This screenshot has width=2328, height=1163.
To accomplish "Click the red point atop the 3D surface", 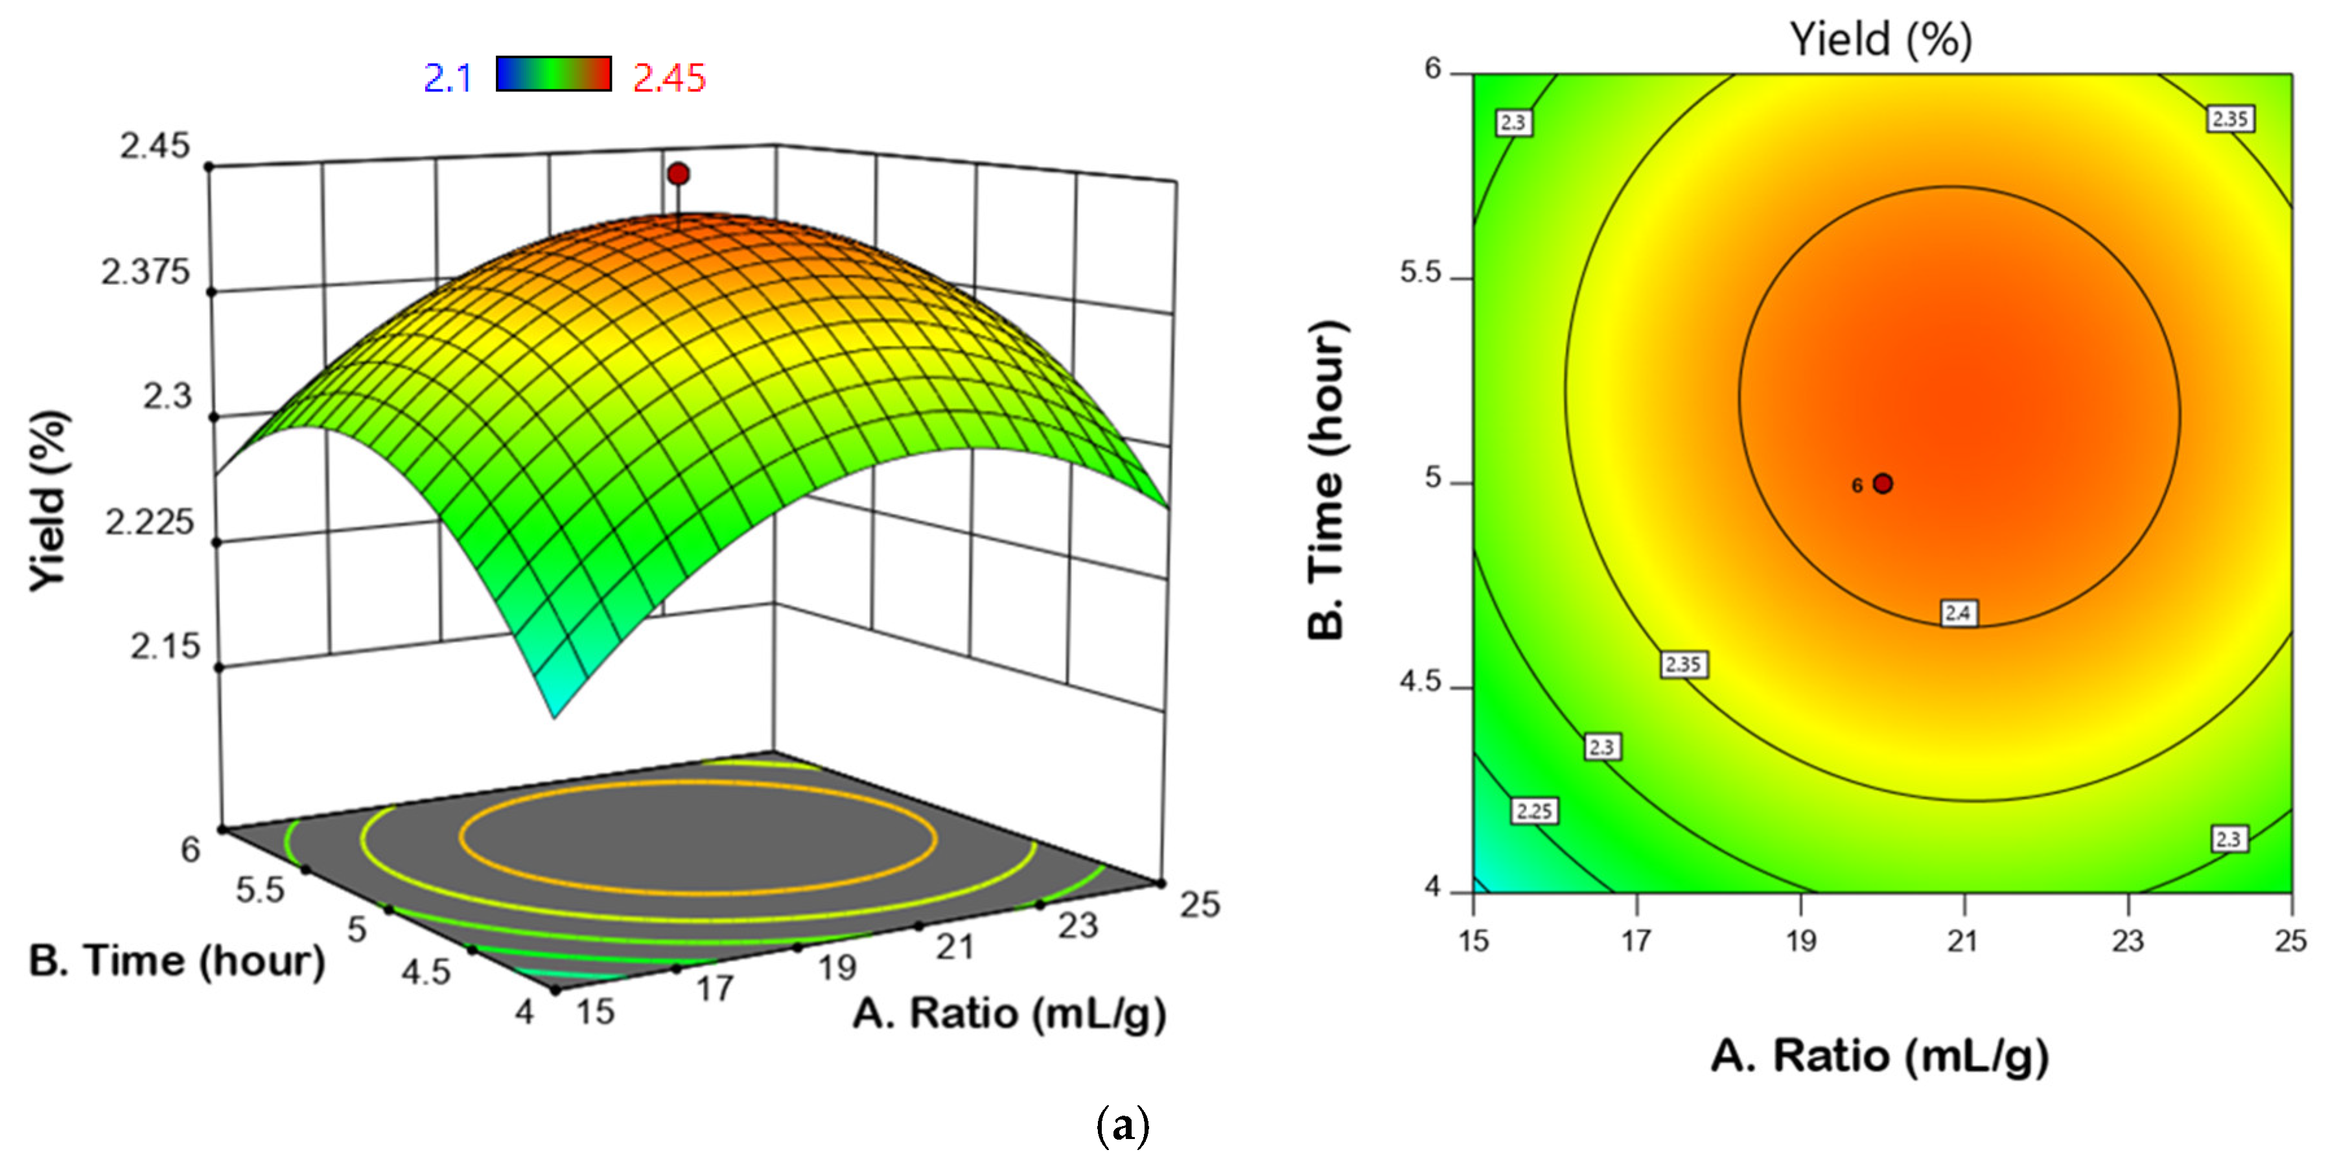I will [x=678, y=174].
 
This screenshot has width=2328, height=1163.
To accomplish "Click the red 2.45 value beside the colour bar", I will [x=669, y=78].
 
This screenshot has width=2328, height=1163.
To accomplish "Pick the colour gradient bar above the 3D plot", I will [x=553, y=73].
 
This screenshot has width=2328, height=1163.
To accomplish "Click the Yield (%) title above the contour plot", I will [x=1881, y=39].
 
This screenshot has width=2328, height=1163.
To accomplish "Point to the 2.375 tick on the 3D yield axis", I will [x=145, y=271].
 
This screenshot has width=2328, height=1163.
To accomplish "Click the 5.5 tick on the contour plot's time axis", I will [x=1421, y=272].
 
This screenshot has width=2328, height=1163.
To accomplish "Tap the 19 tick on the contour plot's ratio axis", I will [x=1800, y=941].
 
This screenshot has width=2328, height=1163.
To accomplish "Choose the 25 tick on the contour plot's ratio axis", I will [x=2290, y=941].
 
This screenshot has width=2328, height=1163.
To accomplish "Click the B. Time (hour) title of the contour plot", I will [x=1327, y=479].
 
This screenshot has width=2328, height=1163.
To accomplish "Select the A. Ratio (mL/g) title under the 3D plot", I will [x=1008, y=1013].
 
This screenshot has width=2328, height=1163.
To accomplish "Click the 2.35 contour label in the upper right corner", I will [x=2229, y=119].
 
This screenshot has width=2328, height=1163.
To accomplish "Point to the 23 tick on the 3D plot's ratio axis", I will [x=1077, y=924].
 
